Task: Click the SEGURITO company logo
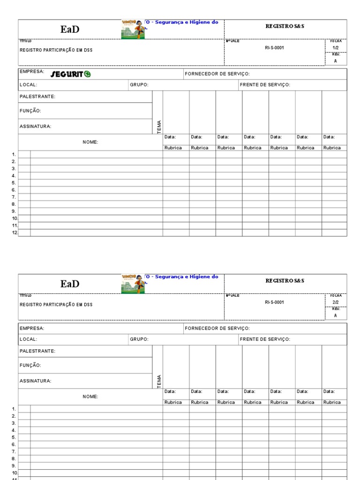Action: (70, 74)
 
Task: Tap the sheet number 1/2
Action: (335, 48)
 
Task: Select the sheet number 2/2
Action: (335, 302)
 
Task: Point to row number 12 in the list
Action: (15, 232)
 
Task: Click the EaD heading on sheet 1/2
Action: (70, 30)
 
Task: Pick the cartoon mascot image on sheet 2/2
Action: (133, 284)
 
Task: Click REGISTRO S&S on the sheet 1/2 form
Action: (285, 26)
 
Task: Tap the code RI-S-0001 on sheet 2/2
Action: (274, 302)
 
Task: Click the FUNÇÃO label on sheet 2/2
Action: (30, 365)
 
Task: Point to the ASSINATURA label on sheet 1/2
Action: (36, 126)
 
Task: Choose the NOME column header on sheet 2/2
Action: (90, 397)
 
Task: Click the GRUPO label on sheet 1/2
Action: (139, 85)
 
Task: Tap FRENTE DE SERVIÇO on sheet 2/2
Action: (265, 339)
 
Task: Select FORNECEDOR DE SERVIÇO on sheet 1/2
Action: (217, 74)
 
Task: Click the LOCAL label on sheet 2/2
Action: (28, 339)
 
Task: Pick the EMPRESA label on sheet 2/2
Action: (32, 328)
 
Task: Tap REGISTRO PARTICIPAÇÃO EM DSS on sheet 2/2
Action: (56, 305)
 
